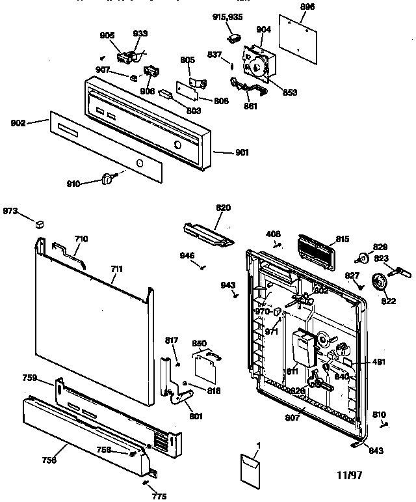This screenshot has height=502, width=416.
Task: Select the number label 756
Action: click(49, 460)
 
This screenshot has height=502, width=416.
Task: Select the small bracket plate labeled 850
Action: click(207, 365)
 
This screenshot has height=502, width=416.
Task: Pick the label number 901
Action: click(241, 153)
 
